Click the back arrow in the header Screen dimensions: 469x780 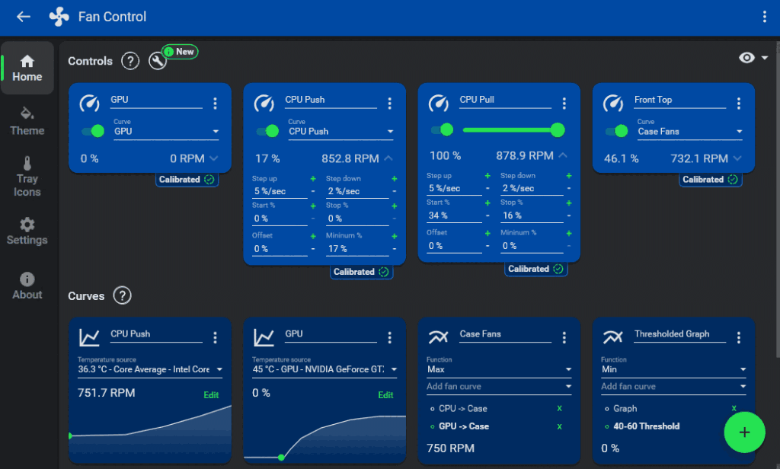[x=24, y=17]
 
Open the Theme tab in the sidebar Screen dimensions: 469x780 [x=27, y=121]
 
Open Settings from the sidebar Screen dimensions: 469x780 [x=27, y=231]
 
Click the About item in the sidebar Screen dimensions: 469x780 [x=27, y=286]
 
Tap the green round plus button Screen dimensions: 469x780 [x=744, y=432]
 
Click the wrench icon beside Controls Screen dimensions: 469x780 [x=158, y=62]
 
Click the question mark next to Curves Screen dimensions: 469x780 [x=122, y=295]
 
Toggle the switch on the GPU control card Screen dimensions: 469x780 [x=93, y=131]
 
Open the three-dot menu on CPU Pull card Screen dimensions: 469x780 [x=564, y=104]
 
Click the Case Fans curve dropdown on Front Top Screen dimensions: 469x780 [x=689, y=132]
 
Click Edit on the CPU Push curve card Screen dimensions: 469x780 [x=211, y=395]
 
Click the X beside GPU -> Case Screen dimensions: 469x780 [x=559, y=426]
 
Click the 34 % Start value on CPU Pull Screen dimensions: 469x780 [x=454, y=215]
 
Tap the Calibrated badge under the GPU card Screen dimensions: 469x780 [x=187, y=180]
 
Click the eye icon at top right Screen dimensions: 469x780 [x=746, y=59]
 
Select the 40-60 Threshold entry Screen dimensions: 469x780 [x=646, y=426]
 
